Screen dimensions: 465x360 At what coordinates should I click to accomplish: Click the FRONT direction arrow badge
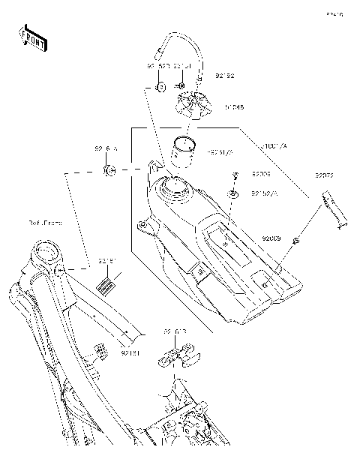point(31,37)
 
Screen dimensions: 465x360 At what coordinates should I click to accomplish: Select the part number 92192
point(225,76)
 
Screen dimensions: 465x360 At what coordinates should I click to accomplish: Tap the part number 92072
point(324,175)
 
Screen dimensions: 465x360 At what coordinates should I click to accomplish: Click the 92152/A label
point(264,194)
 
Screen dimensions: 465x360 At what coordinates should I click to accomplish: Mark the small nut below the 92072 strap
point(297,241)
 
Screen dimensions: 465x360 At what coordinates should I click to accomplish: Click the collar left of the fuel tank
point(109,172)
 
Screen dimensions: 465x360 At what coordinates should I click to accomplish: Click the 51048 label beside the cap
point(233,107)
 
